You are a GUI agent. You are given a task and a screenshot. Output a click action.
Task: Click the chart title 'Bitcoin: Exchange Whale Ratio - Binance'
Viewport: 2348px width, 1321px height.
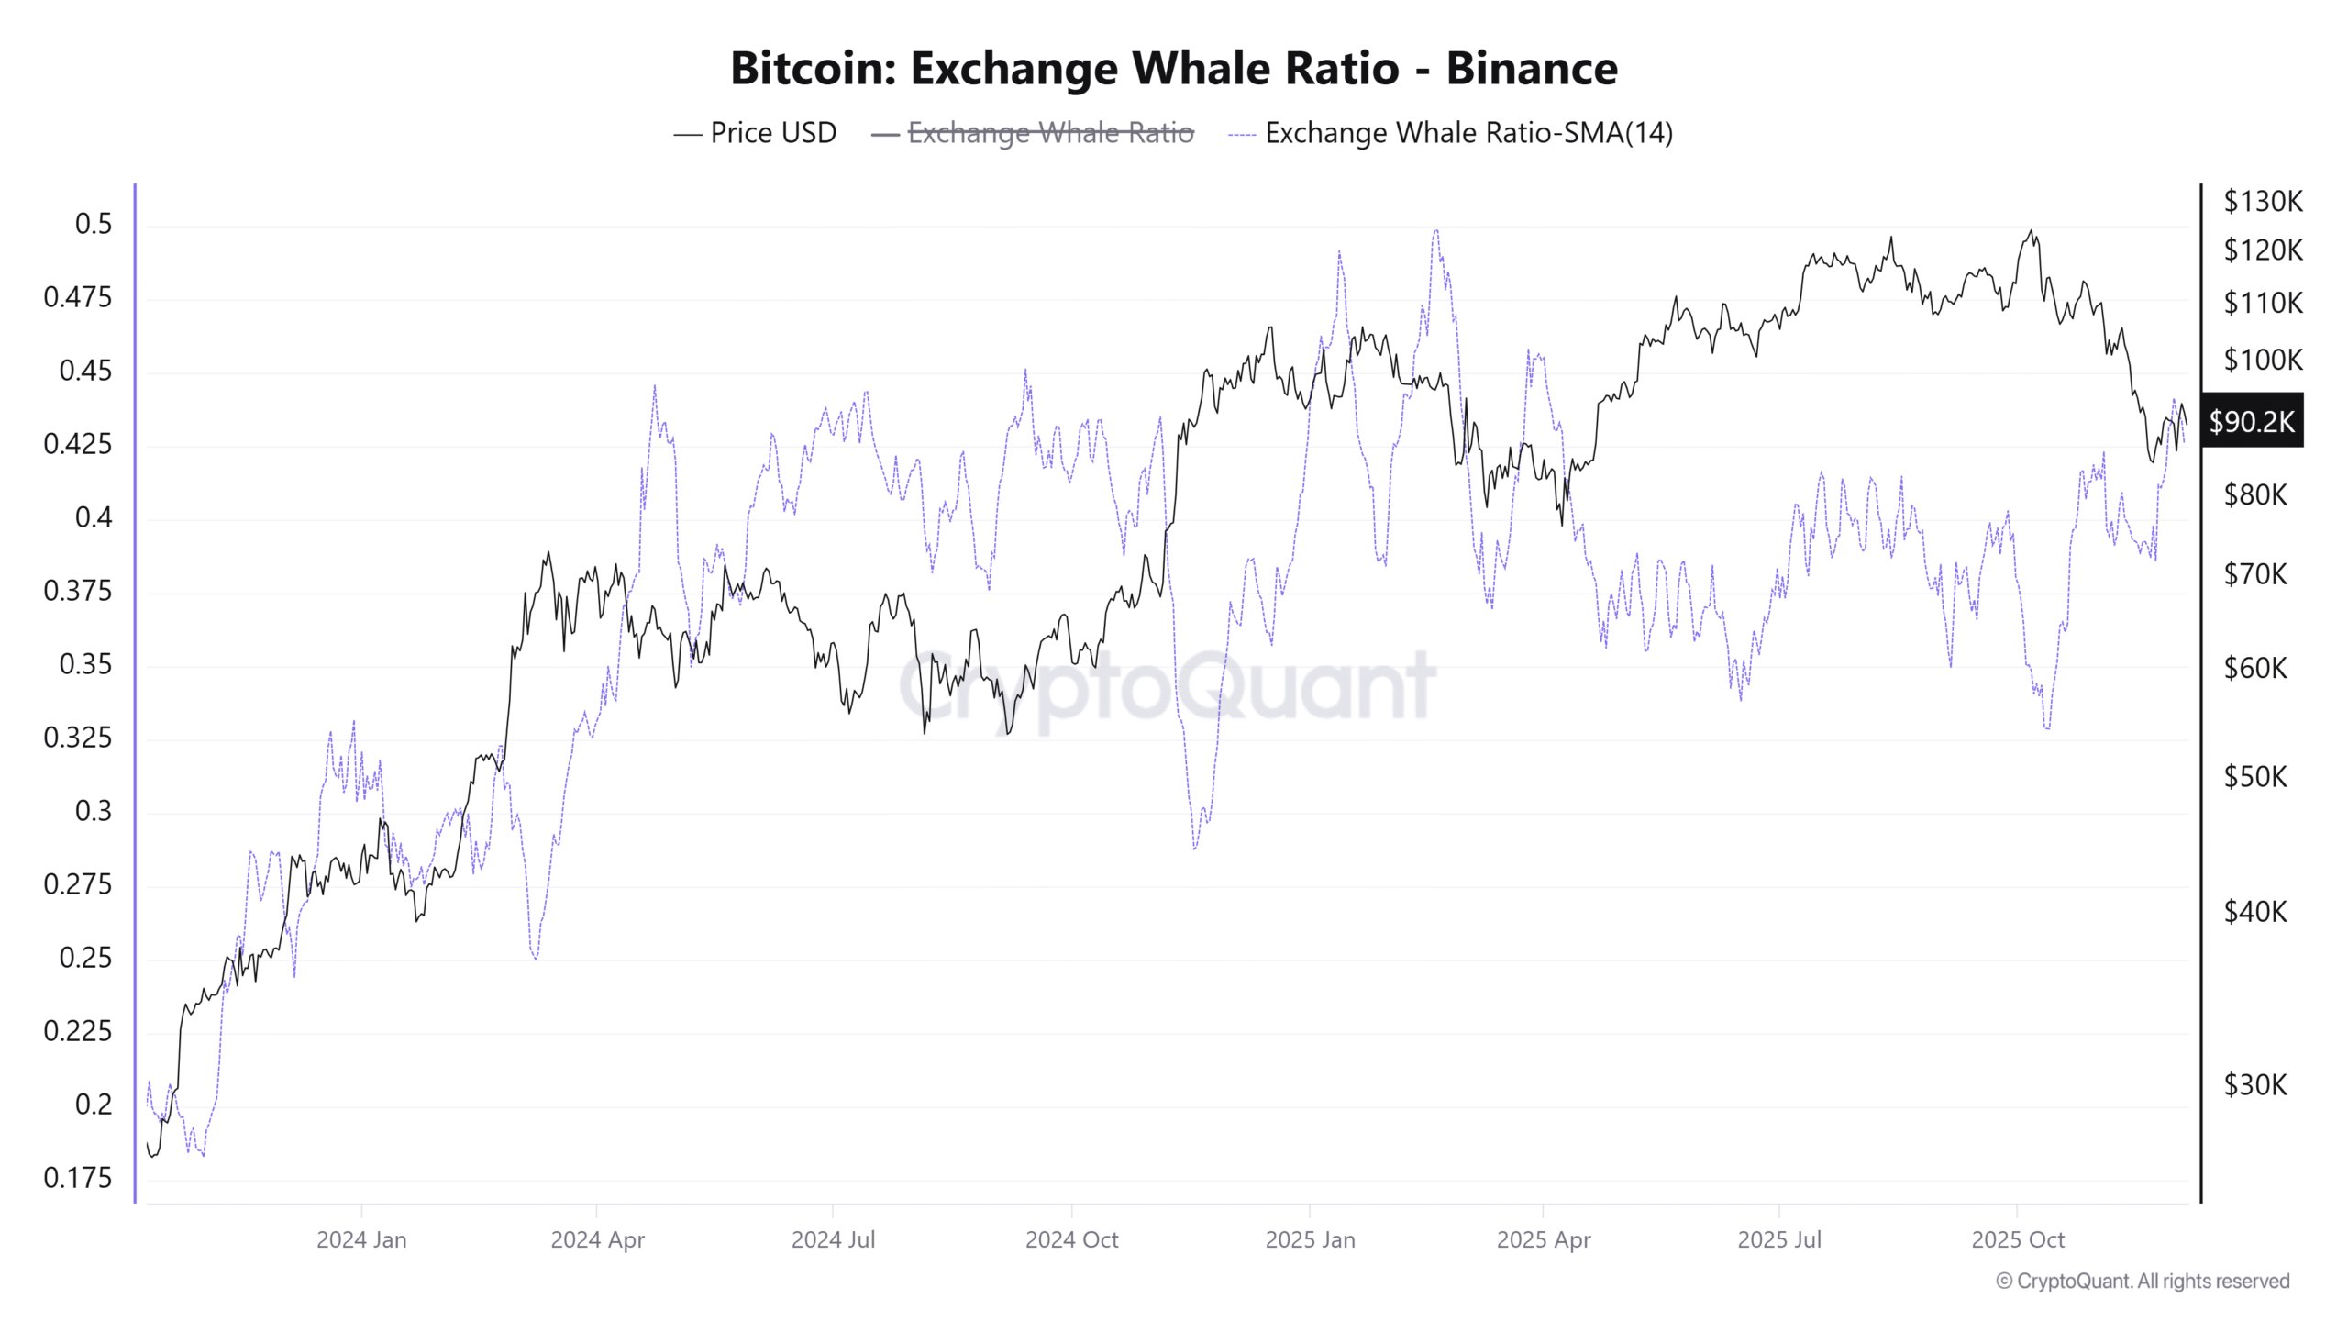pyautogui.click(x=1173, y=69)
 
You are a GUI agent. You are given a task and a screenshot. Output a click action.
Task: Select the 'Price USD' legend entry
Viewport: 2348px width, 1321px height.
pyautogui.click(x=772, y=133)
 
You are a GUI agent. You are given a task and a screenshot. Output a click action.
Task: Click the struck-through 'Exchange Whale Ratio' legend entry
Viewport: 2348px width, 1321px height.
pyautogui.click(x=1049, y=133)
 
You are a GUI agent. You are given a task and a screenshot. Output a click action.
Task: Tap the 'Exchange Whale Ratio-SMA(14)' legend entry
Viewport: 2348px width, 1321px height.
pyautogui.click(x=1467, y=133)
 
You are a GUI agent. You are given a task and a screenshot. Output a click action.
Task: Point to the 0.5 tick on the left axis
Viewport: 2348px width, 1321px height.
pyautogui.click(x=94, y=224)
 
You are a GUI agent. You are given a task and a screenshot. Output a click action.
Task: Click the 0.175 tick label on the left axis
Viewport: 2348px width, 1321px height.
pyautogui.click(x=78, y=1177)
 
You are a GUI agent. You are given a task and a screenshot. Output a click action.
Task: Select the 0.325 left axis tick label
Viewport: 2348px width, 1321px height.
pyautogui.click(x=78, y=738)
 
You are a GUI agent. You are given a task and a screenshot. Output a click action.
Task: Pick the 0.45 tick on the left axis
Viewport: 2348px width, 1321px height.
pyautogui.click(x=85, y=371)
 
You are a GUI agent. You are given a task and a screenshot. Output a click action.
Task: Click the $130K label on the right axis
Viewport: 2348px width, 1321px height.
pyautogui.click(x=2262, y=201)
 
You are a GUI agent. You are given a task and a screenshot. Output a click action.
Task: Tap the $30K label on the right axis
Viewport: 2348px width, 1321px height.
pyautogui.click(x=2255, y=1085)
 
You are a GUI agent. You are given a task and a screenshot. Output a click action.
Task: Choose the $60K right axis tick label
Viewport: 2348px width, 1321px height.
pyautogui.click(x=2255, y=668)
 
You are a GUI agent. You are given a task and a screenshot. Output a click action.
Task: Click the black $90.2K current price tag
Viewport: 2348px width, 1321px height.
pyautogui.click(x=2252, y=422)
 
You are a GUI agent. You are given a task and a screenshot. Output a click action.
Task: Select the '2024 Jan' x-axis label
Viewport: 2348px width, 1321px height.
pyautogui.click(x=361, y=1239)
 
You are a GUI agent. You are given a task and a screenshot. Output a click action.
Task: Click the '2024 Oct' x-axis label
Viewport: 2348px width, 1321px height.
pyautogui.click(x=1071, y=1239)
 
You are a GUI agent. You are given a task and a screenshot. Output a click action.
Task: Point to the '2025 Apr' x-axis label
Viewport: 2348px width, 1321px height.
pyautogui.click(x=1544, y=1239)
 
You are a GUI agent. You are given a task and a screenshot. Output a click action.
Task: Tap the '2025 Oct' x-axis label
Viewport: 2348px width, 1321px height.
pyautogui.click(x=2017, y=1239)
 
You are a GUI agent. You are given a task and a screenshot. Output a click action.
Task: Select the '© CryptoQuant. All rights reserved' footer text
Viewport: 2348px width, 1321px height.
pyautogui.click(x=2143, y=1281)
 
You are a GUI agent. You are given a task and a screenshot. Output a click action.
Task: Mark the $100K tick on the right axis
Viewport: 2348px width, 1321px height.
pyautogui.click(x=2262, y=360)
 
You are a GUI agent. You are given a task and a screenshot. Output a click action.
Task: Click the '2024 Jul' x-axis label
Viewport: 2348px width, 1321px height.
pyautogui.click(x=833, y=1239)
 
